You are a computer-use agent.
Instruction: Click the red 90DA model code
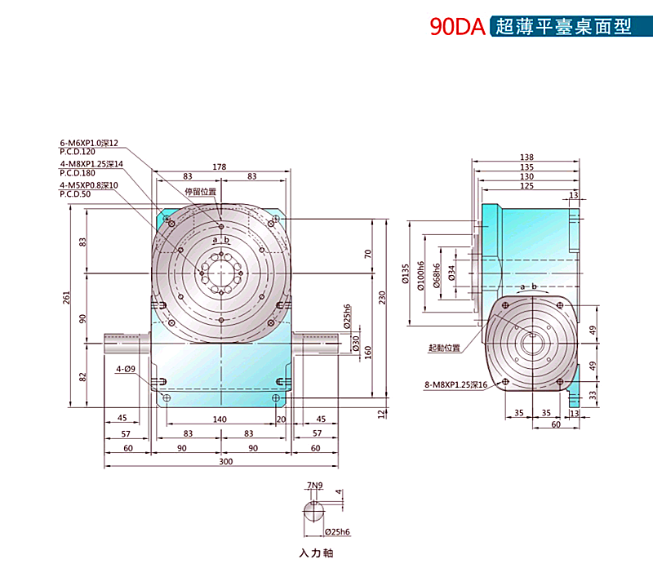458,27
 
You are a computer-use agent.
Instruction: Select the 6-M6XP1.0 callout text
89,143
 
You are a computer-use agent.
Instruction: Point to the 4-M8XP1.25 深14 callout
91,164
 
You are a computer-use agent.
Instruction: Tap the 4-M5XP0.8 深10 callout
89,185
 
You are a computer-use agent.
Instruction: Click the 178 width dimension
220,166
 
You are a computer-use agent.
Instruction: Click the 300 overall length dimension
225,462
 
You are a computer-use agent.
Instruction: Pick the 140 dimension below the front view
220,420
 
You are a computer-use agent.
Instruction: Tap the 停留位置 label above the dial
201,193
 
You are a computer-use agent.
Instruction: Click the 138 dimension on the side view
526,158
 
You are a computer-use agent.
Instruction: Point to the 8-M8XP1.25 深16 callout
455,384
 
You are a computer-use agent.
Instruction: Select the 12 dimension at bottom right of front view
381,414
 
